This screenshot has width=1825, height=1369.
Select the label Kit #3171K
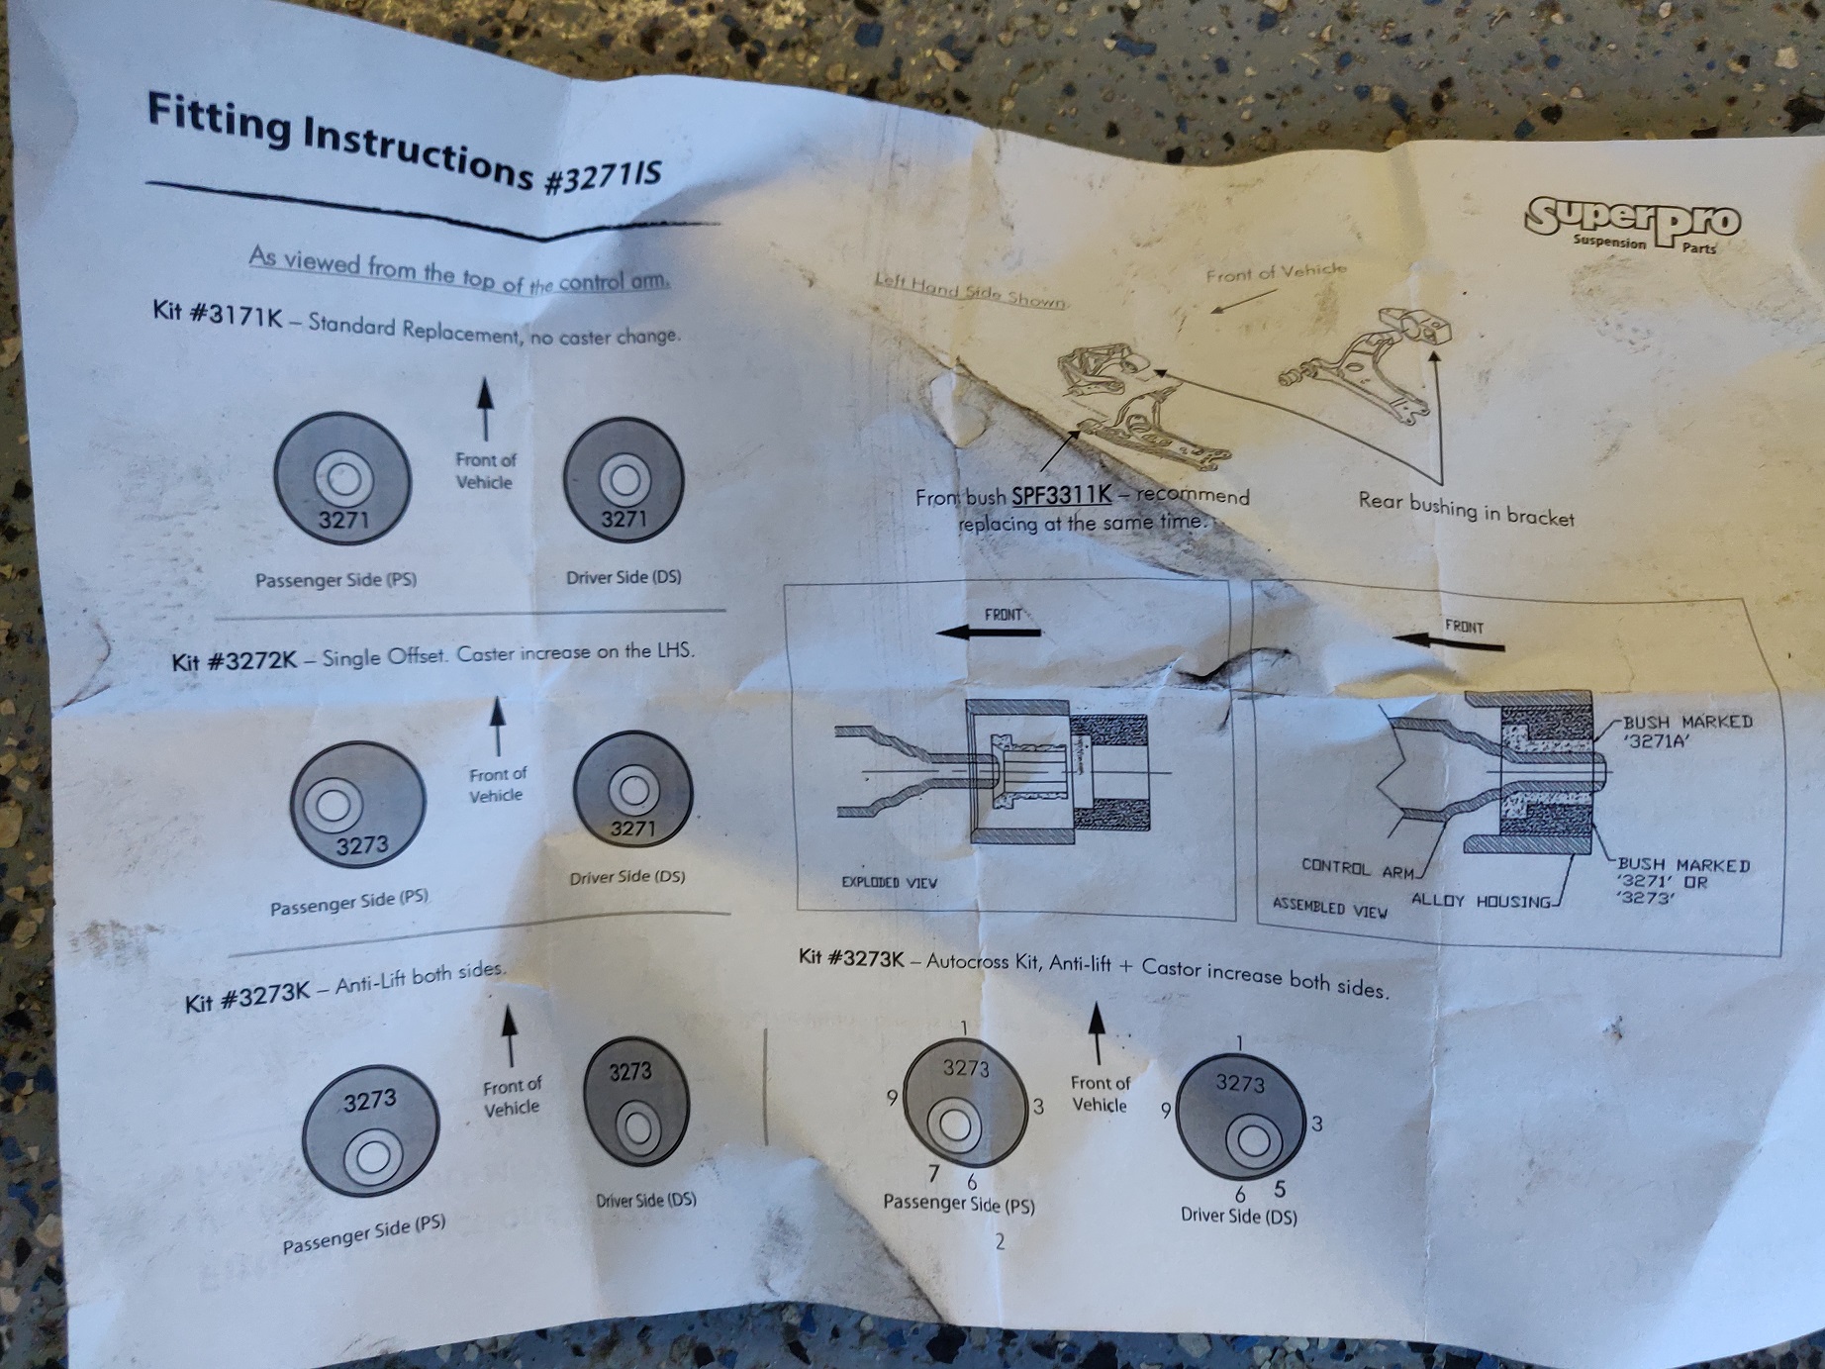218,314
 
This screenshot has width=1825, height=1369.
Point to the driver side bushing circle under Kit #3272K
631,793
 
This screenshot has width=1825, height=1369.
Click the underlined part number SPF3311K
1061,495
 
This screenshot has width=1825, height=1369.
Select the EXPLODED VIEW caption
889,882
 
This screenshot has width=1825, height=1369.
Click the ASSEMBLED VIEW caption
1329,907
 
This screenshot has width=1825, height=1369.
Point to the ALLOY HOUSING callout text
1481,901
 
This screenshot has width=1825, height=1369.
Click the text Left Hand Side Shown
969,292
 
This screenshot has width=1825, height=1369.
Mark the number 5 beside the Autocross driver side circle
1280,1189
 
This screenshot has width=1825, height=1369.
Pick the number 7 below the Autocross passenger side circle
933,1174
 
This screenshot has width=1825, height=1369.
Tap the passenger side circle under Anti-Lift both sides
370,1134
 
